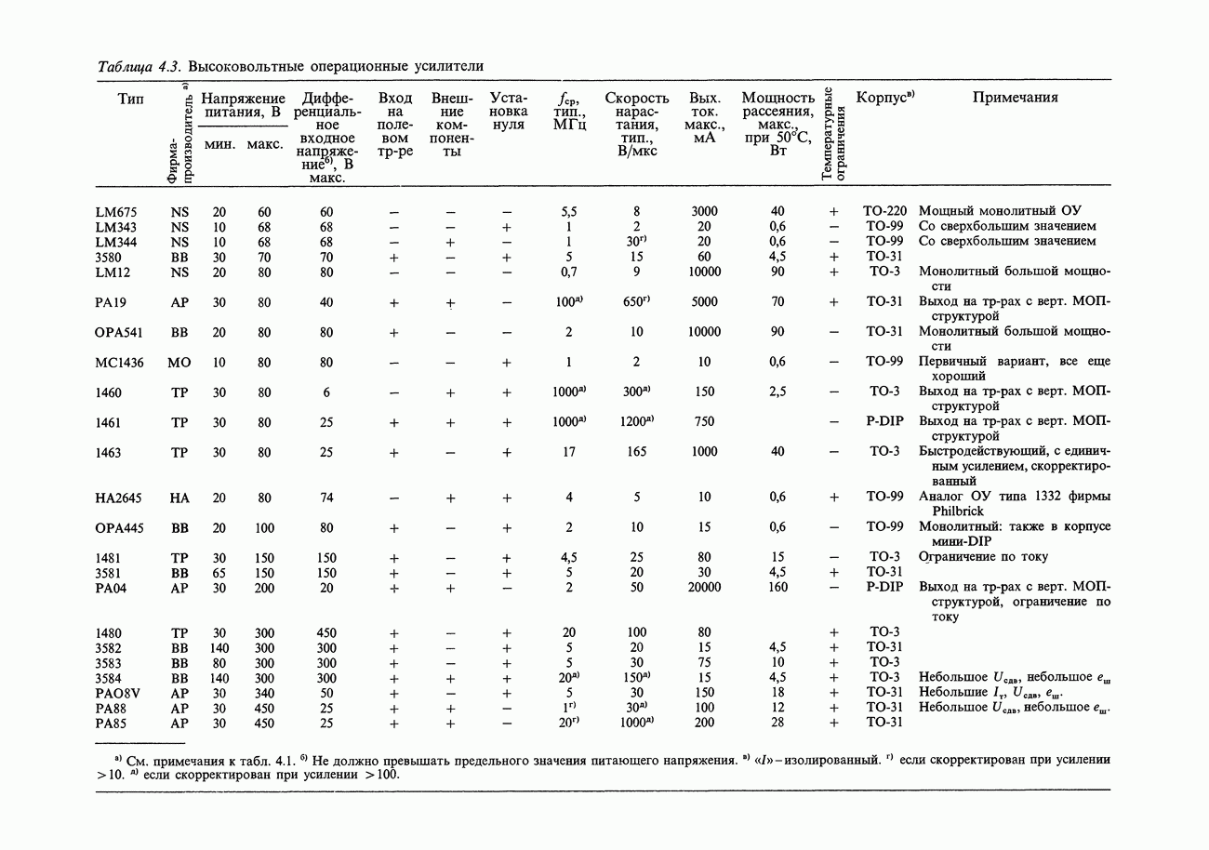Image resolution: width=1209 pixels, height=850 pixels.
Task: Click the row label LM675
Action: tap(116, 211)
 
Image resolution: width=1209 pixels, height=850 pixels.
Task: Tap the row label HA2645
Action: tap(119, 498)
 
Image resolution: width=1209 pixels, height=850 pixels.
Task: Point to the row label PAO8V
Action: tap(118, 693)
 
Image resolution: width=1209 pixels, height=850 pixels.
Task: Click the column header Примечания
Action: tap(1015, 98)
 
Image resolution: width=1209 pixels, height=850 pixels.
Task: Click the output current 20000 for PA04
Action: tap(704, 588)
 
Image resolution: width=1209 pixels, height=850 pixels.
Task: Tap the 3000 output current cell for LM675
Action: tap(704, 211)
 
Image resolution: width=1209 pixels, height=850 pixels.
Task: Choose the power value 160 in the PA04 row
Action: tap(777, 588)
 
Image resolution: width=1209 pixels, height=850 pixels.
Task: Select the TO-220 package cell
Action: tap(884, 211)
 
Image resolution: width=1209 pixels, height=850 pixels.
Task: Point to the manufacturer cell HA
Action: tap(179, 498)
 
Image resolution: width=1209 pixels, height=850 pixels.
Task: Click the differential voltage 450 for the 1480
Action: tap(326, 633)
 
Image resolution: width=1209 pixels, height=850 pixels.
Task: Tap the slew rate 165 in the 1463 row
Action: tap(637, 452)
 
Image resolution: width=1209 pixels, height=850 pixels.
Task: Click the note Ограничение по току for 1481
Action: tap(983, 557)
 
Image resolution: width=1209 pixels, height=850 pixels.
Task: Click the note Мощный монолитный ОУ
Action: tap(1000, 211)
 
